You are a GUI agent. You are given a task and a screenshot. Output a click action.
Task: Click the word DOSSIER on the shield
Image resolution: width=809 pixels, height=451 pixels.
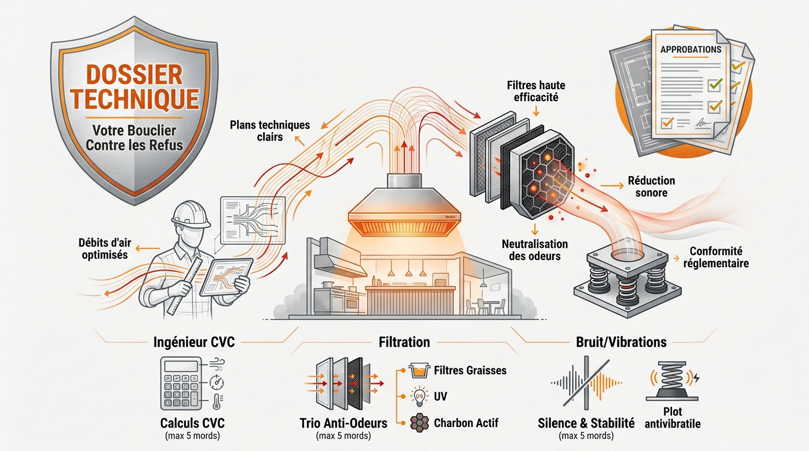135,75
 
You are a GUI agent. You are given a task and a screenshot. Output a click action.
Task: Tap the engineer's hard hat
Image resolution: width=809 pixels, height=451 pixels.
190,215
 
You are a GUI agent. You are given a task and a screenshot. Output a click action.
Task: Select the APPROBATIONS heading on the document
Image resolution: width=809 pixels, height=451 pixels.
691,49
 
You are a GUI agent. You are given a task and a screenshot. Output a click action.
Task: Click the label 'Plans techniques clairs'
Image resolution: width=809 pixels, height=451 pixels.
270,131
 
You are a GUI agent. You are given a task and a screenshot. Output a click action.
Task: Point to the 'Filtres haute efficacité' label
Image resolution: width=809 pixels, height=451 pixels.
536,91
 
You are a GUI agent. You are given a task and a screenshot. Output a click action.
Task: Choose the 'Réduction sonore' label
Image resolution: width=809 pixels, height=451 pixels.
651,187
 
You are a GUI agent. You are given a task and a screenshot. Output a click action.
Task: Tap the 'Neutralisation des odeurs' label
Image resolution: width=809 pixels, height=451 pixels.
535,250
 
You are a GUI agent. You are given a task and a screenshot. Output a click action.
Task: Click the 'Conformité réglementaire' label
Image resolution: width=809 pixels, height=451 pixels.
716,257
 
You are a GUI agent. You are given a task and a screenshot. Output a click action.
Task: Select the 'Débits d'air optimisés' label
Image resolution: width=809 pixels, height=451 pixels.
105,248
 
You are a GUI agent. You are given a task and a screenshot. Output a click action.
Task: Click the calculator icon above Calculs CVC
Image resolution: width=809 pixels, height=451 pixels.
181,383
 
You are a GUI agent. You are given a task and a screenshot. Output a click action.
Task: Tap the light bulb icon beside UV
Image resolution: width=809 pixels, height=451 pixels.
419,396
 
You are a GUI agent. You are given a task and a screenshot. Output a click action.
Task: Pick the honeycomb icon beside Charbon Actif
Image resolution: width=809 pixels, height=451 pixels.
420,423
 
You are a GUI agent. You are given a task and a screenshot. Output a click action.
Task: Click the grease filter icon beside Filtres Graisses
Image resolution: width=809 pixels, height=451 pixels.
419,371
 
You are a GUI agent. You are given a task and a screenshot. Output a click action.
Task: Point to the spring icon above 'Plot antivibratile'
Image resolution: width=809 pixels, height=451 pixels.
672,381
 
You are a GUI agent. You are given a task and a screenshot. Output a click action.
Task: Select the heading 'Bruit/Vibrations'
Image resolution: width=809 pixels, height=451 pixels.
621,342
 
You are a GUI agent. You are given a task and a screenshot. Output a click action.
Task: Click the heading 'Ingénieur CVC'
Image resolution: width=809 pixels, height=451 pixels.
194,342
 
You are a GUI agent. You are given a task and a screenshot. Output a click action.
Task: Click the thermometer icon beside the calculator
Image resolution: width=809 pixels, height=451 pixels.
217,401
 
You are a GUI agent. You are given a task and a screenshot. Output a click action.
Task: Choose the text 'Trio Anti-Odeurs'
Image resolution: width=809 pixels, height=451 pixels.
343,423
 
